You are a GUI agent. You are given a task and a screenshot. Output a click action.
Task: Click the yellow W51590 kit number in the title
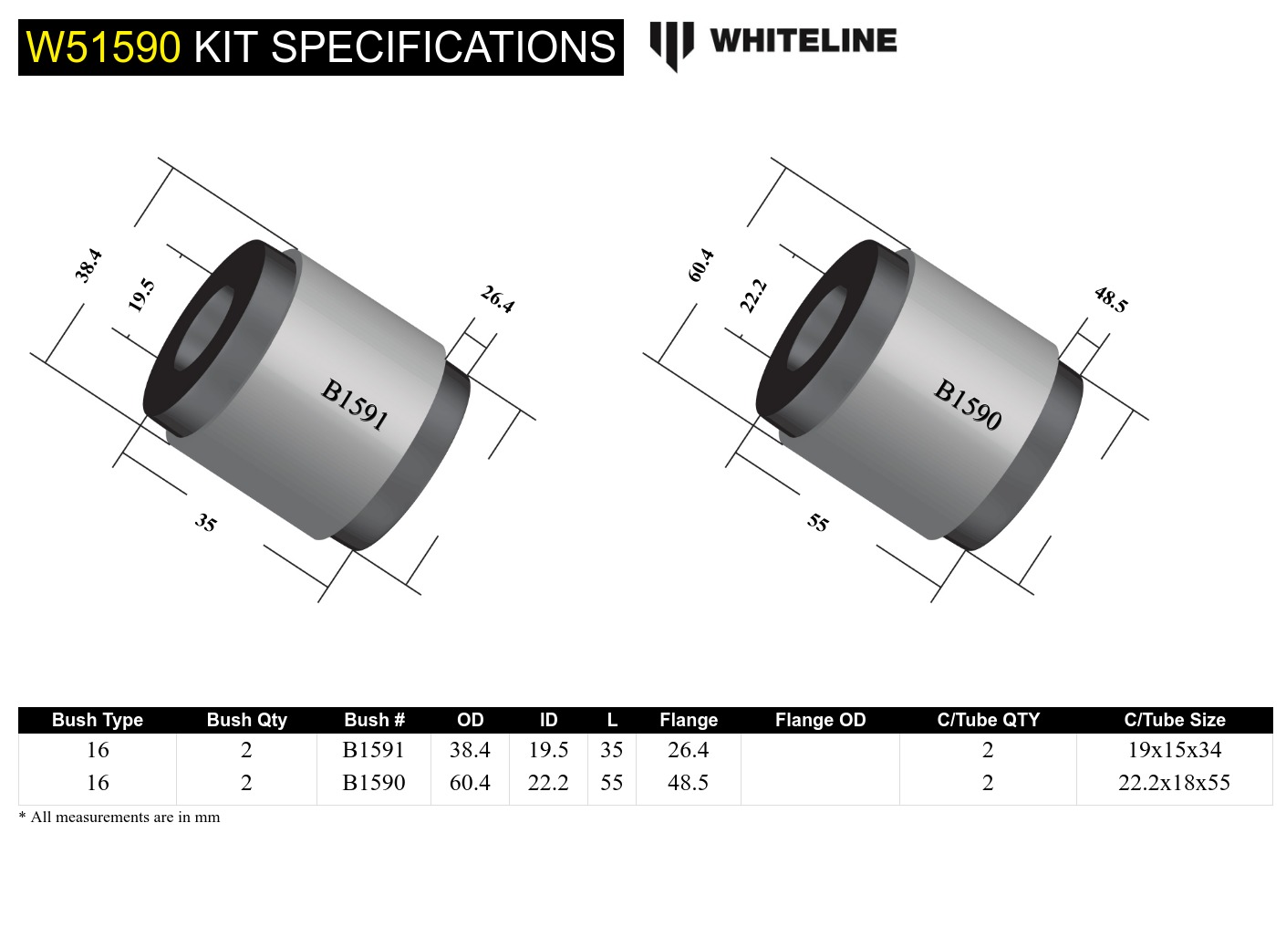103,47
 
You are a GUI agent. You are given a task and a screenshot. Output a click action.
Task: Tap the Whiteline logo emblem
671,44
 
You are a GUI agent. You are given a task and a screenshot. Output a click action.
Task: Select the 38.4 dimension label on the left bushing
88,266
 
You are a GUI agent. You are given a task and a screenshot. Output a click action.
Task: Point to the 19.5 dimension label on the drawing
141,295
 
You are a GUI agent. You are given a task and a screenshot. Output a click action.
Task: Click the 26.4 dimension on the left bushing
497,299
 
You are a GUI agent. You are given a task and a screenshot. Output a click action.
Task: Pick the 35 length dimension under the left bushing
206,523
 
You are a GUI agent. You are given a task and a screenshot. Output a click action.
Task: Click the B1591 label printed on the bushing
355,404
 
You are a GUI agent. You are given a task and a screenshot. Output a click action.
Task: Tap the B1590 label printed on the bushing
968,404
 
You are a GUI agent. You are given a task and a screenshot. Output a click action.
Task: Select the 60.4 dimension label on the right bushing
701,265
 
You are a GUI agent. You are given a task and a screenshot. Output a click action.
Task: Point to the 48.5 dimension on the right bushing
1110,299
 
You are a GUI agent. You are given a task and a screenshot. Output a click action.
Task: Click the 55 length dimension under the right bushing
818,523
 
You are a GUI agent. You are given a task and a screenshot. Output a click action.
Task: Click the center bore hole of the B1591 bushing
203,329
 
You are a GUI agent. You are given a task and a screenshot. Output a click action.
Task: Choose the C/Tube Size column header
1174,720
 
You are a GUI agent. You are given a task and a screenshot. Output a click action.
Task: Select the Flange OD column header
820,720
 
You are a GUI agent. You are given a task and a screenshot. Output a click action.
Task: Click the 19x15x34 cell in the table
1174,750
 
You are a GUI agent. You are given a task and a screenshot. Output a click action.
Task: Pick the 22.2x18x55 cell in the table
1174,783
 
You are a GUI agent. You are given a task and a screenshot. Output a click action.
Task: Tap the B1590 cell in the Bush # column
374,783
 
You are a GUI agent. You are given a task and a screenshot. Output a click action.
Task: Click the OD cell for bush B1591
470,750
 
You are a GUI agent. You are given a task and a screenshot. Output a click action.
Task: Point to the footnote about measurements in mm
119,818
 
